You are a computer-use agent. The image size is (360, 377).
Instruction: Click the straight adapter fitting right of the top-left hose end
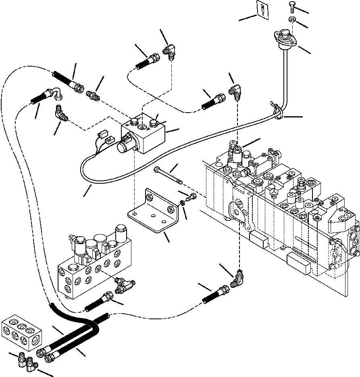coord(94,96)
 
